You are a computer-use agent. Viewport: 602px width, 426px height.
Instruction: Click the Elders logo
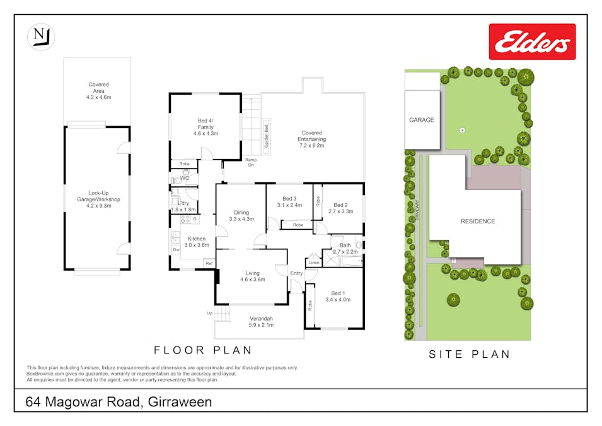coord(532,42)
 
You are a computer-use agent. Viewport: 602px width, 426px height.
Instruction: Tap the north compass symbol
coord(41,36)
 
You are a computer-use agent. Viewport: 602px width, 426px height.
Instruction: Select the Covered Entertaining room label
coord(311,139)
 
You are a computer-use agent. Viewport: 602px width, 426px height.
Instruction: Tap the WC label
coord(185,179)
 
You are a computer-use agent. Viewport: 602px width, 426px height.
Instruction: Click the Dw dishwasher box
coord(176,250)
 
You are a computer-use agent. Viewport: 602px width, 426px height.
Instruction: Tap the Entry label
coord(296,273)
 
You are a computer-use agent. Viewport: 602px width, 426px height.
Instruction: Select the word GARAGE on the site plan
coord(421,120)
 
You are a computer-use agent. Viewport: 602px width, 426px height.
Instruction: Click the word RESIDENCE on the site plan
coord(477,222)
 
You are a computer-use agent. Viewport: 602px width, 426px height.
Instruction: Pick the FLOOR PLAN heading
coord(203,350)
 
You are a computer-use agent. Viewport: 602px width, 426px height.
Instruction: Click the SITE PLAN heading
coord(469,355)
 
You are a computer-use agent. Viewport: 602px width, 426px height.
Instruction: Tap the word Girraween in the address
coord(180,402)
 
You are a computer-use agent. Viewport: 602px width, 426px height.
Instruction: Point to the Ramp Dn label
coord(250,162)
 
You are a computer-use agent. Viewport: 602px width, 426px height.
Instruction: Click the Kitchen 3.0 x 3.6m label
coord(197,242)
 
